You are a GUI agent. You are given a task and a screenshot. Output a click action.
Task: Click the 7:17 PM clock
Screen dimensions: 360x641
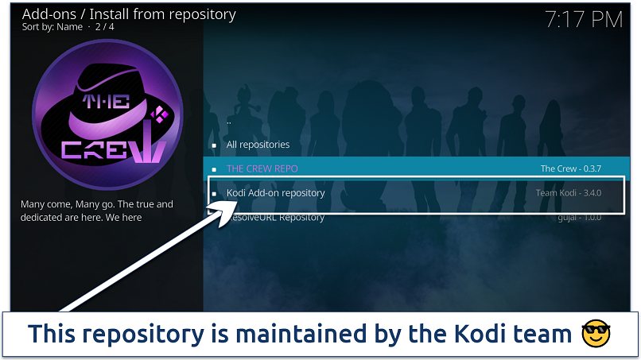point(583,20)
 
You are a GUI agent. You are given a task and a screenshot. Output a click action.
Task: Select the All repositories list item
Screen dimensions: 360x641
point(258,145)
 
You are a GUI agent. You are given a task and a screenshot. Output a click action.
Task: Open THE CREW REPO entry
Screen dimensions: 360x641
point(262,168)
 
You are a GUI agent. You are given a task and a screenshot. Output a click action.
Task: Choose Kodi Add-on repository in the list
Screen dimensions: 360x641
point(275,193)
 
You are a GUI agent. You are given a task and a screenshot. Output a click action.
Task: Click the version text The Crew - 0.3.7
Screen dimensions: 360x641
point(570,168)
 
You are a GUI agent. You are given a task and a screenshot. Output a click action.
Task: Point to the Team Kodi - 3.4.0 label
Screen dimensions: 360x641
point(568,193)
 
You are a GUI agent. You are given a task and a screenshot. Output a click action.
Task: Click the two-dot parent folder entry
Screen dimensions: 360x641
point(229,122)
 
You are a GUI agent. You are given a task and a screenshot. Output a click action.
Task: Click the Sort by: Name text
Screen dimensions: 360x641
point(51,26)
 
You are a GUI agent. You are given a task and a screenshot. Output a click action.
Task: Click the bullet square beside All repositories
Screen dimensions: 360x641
point(213,145)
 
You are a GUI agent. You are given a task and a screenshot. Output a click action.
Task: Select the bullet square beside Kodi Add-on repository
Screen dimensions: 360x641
point(213,193)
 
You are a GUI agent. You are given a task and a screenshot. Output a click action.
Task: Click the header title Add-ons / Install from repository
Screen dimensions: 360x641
point(129,14)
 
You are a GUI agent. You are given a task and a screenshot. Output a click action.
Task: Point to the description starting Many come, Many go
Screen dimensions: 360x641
point(96,211)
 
